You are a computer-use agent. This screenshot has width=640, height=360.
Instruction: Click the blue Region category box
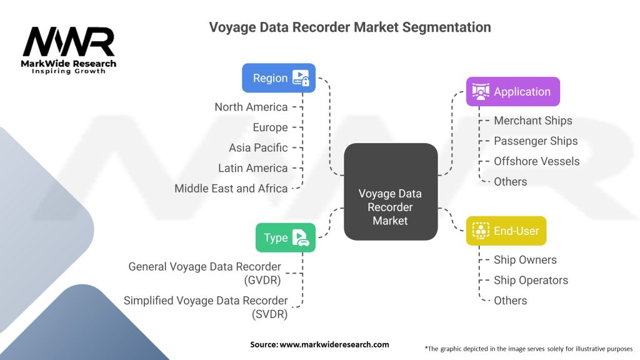[279, 78]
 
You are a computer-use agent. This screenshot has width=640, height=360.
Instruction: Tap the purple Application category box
[513, 91]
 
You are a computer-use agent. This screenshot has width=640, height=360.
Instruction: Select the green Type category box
[286, 237]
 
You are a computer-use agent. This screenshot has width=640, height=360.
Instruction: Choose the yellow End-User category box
[506, 231]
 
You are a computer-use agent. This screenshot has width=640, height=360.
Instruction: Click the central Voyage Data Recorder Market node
[391, 191]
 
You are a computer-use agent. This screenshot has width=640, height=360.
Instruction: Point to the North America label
[251, 107]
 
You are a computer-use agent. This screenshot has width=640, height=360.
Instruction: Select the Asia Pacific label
[258, 147]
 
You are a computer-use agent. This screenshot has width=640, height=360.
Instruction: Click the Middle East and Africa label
[231, 189]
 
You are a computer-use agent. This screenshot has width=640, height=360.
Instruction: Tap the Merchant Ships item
[533, 121]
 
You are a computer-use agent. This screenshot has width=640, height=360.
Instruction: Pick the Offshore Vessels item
[537, 161]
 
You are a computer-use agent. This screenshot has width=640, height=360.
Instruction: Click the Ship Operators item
[531, 281]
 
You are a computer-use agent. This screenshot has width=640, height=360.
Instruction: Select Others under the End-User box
[510, 301]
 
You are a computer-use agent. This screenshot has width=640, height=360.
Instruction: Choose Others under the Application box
[510, 182]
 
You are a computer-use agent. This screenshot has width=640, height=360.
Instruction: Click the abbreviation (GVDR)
[262, 281]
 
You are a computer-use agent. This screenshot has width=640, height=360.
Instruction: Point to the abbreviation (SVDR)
[269, 314]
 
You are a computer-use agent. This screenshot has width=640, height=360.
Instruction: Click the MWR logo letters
[69, 42]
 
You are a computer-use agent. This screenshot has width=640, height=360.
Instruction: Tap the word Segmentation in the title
[446, 27]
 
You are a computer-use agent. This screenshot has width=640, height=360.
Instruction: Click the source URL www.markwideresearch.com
[334, 344]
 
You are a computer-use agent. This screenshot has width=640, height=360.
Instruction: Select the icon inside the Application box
[481, 91]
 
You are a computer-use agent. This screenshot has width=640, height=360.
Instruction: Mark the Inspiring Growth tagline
[69, 71]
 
